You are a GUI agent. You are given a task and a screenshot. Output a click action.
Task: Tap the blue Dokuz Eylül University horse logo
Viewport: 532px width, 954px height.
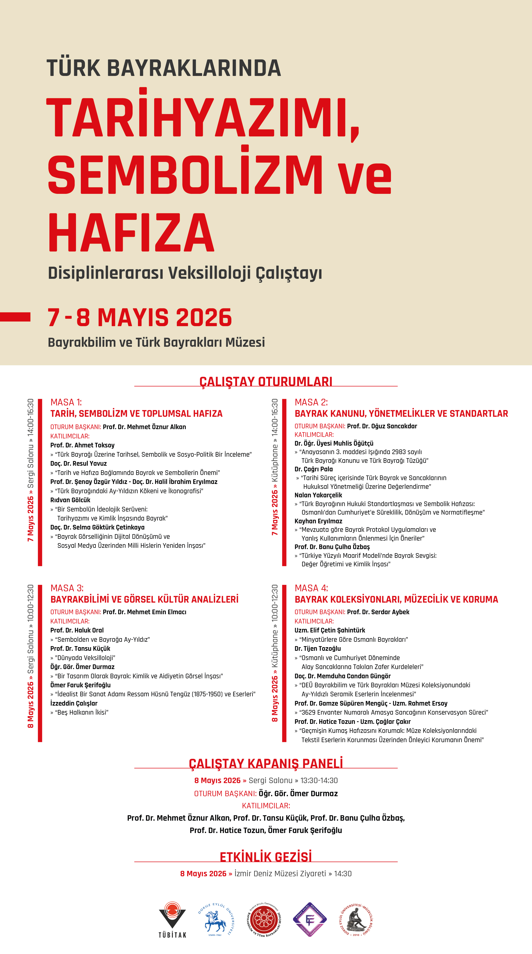(x=215, y=919)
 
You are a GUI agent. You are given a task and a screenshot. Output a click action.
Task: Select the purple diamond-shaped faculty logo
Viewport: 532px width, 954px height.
(x=310, y=919)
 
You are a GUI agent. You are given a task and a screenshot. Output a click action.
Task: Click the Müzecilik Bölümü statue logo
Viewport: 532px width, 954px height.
(x=356, y=919)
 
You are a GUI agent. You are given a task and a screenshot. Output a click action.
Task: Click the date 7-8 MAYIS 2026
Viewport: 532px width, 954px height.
(x=139, y=318)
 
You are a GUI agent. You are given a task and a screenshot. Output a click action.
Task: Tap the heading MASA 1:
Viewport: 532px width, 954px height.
(x=66, y=402)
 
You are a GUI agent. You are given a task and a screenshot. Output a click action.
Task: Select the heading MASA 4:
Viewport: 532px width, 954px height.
(x=311, y=588)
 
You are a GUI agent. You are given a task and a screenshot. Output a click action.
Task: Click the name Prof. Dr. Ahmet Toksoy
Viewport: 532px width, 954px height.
(x=82, y=445)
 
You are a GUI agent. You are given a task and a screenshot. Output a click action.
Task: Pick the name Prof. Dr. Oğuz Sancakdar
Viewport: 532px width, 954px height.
(x=382, y=426)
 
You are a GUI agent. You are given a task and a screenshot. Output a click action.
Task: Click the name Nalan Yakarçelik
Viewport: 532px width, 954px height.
(x=318, y=495)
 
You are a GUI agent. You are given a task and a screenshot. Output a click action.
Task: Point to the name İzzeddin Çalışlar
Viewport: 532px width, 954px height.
(x=74, y=703)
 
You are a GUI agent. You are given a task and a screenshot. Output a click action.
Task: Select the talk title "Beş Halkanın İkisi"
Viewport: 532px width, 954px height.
(x=81, y=713)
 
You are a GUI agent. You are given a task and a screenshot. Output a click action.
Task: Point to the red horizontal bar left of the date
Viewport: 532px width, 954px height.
(x=15, y=317)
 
